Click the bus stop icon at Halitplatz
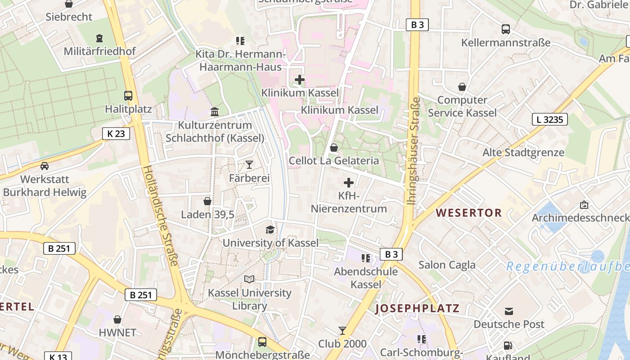[128, 95]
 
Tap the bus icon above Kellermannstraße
[506, 29]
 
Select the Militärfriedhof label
[99, 51]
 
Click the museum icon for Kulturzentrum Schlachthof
[215, 112]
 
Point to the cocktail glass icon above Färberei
[249, 165]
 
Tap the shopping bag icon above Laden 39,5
[207, 201]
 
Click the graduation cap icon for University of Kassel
[270, 229]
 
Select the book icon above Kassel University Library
[249, 279]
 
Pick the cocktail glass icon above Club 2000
[342, 331]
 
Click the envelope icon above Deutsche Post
[509, 311]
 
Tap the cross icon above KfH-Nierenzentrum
[349, 183]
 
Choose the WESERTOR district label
[469, 213]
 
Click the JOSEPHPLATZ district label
[417, 308]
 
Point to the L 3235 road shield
[549, 119]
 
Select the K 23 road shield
[116, 133]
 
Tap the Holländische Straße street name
[161, 216]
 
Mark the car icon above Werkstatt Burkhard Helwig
[45, 166]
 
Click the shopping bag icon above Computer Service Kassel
[462, 87]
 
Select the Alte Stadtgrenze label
[523, 153]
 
